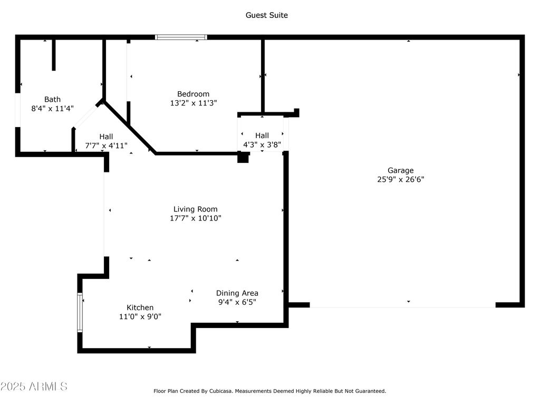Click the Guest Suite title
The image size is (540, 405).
click(266, 15)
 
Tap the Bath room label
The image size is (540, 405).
click(52, 100)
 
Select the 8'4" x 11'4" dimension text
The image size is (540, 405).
click(52, 109)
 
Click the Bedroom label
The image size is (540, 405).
click(193, 94)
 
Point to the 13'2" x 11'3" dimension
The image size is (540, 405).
click(193, 103)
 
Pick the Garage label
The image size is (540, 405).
click(401, 170)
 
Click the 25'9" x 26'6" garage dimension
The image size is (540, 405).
click(401, 179)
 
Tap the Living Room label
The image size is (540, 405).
click(195, 209)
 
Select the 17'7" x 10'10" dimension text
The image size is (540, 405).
click(195, 218)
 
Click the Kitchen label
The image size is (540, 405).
click(140, 307)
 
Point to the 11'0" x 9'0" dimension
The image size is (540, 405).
click(140, 316)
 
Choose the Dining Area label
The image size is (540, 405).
click(237, 293)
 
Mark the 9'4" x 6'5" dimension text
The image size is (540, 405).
click(237, 302)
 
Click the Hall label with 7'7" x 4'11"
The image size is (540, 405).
click(106, 137)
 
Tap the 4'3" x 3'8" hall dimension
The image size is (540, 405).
click(262, 144)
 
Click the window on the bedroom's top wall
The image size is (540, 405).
click(181, 37)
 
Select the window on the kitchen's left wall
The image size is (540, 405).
click(80, 312)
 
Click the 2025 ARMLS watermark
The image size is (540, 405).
click(34, 387)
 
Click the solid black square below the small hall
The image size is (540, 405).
click(243, 157)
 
